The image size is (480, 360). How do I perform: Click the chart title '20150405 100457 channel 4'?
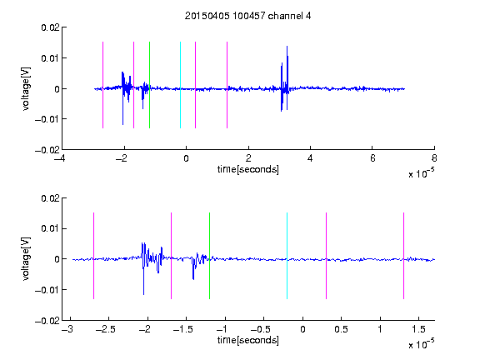pyautogui.click(x=248, y=16)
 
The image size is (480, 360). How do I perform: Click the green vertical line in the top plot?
pyautogui.click(x=149, y=85)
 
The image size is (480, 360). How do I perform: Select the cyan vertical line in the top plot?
pyautogui.click(x=180, y=85)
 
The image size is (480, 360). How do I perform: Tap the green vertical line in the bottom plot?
pyautogui.click(x=209, y=256)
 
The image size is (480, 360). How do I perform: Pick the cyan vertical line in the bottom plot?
pyautogui.click(x=287, y=256)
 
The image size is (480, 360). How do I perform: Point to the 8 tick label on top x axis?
pyautogui.click(x=434, y=158)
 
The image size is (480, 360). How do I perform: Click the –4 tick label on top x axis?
pyautogui.click(x=60, y=158)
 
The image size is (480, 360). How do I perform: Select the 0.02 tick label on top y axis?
pyautogui.click(x=50, y=27)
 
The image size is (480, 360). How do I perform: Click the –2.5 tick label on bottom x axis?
pyautogui.click(x=105, y=329)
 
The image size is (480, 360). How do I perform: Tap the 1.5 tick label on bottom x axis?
pyautogui.click(x=418, y=329)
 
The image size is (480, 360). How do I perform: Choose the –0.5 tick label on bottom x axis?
pyautogui.click(x=260, y=329)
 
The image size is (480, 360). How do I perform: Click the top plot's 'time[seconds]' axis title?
pyautogui.click(x=248, y=169)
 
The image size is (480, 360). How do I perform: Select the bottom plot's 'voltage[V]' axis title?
pyautogui.click(x=27, y=258)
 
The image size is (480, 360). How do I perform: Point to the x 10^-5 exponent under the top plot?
pyautogui.click(x=421, y=173)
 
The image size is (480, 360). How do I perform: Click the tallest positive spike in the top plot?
pyautogui.click(x=287, y=47)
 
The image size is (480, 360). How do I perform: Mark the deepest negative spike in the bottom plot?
pyautogui.click(x=143, y=294)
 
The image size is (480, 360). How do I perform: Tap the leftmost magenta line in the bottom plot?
pyautogui.click(x=93, y=256)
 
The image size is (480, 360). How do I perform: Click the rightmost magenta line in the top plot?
pyautogui.click(x=227, y=85)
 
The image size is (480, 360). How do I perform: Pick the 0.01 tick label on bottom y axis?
pyautogui.click(x=50, y=228)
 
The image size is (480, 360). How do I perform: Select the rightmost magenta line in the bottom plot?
pyautogui.click(x=403, y=256)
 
